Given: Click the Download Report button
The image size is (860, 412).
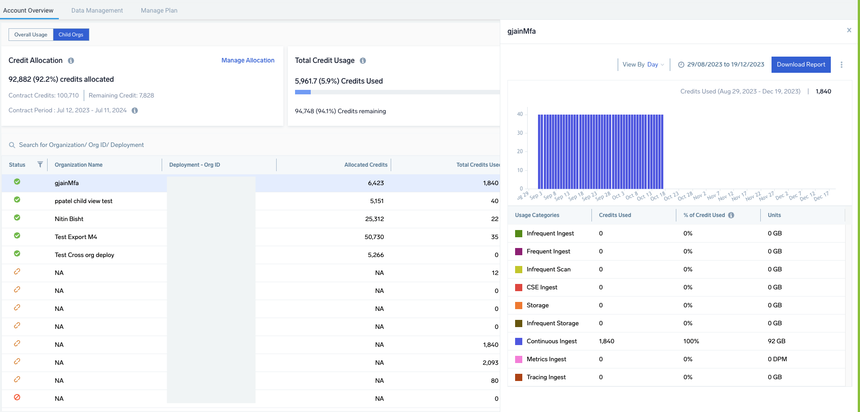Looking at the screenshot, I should (801, 65).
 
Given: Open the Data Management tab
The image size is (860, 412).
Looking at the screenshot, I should (97, 10).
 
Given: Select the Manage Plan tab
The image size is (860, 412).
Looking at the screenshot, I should (159, 10).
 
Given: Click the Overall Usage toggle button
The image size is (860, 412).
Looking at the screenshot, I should (31, 35).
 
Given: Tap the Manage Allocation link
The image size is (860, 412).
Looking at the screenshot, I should (247, 60).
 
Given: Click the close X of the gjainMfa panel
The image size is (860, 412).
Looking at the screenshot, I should (849, 30).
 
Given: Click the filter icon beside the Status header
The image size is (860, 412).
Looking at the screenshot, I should (40, 164).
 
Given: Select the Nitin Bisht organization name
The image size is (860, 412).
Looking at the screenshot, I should (69, 219).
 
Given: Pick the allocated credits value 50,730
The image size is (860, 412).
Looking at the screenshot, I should (374, 237).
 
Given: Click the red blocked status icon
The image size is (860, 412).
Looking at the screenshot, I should (17, 397).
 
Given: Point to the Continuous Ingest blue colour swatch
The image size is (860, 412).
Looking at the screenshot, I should (519, 341).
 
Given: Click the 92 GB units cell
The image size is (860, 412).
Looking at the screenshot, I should (776, 341).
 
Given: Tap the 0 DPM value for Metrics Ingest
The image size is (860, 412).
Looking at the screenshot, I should (777, 359).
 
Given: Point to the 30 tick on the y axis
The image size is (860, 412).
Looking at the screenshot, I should (520, 133).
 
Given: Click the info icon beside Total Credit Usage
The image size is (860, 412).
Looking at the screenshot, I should (363, 61).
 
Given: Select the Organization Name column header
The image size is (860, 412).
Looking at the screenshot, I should (79, 165).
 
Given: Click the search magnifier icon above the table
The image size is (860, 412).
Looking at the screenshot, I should (12, 145).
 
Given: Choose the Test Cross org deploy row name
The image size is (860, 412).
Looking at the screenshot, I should (84, 255).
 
